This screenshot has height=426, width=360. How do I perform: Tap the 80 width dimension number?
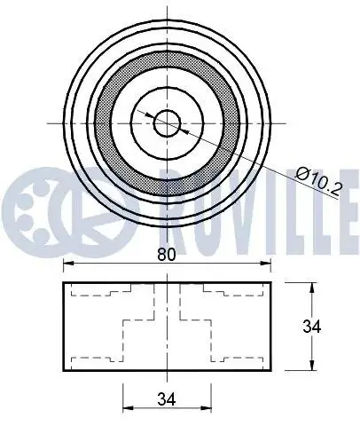167,255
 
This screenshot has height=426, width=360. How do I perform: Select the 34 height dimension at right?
311,327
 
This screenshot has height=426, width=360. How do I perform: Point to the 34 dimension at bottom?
167,398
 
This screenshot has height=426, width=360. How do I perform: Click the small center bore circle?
168,123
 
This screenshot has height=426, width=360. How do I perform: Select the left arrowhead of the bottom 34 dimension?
128,408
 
